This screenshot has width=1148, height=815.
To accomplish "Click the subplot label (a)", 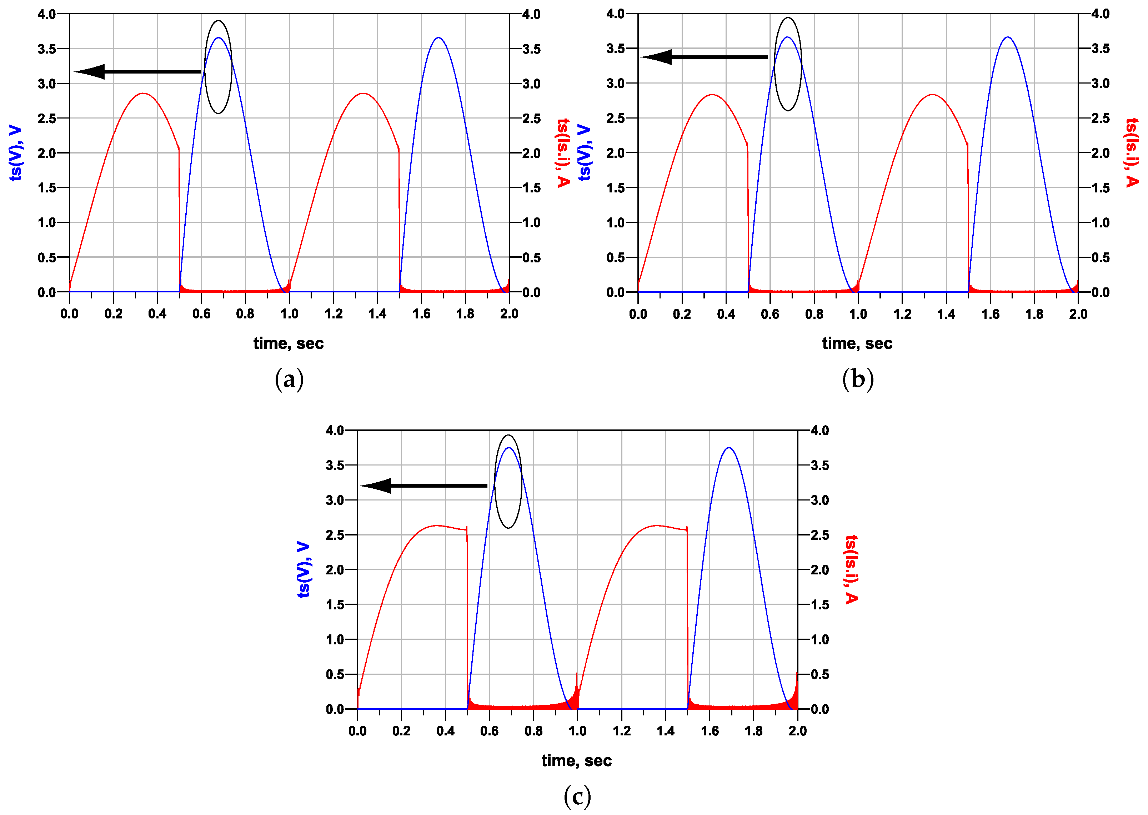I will coord(289,379).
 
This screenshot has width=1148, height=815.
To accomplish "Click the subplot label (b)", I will coord(858,379).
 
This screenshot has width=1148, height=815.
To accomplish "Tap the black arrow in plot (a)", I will coord(138,72).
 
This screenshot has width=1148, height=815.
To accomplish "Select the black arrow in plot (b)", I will coord(704,57).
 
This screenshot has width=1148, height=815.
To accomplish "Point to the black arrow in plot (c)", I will coord(423,486).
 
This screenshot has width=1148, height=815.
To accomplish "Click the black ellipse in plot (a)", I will coord(219,67).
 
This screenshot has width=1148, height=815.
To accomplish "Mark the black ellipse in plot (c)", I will coord(508,481).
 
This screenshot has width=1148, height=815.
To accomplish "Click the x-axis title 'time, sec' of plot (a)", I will coord(289,343).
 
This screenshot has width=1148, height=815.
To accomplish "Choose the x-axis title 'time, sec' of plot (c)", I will coord(577,760).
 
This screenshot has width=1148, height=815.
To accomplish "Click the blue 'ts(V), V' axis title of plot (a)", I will coord(16,153).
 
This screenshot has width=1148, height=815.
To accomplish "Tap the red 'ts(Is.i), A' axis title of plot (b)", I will coord(1132,153).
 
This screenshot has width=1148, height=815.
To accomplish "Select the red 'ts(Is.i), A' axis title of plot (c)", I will coord(852,570).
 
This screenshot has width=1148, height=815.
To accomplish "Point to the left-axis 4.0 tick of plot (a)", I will coord(47,14).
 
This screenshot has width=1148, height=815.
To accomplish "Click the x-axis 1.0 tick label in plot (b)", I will coord(858,314).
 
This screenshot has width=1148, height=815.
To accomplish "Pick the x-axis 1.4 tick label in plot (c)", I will coord(666,731).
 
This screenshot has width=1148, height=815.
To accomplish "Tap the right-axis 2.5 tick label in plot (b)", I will coord(1100,119).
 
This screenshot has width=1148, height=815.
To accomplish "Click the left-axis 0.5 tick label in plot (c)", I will coord(335,674).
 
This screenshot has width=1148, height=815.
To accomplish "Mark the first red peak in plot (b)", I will coord(712,94).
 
